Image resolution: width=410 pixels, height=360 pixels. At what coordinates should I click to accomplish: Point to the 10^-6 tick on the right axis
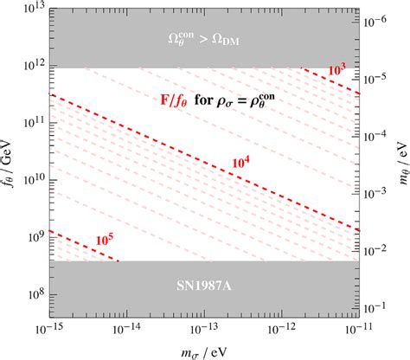coord(359,24)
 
